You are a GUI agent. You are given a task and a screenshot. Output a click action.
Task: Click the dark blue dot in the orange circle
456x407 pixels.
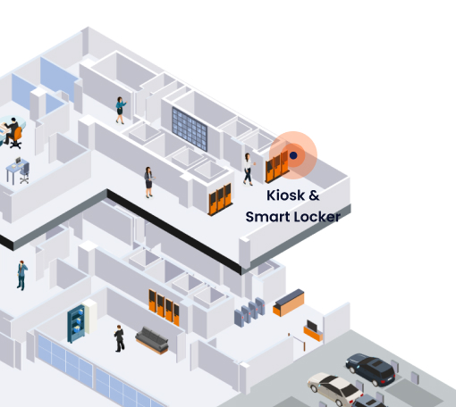(293, 155)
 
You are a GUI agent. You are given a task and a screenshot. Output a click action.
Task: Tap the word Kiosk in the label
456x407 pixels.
(285, 195)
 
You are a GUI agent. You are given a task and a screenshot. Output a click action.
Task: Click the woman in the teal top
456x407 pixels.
(121, 110)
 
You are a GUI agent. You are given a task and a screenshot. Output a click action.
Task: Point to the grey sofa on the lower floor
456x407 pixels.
(152, 340)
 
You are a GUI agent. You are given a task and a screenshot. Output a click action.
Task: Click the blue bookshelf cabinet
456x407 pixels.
(76, 323)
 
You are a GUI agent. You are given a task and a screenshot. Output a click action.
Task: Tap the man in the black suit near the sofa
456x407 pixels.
(119, 338)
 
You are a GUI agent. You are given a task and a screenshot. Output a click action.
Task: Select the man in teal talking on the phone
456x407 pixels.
(21, 275)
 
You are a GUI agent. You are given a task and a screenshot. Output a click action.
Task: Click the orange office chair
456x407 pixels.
(17, 137)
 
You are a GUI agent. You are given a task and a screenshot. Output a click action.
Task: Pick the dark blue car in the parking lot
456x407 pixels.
(370, 369)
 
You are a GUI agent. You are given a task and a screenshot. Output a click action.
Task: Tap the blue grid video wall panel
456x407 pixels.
(190, 129)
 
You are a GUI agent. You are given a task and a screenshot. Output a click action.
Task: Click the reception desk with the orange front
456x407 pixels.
(289, 303)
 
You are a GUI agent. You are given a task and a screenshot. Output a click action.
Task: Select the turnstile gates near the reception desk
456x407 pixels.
(249, 312)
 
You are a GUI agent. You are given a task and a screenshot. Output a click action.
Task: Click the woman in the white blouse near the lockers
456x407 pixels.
(248, 169)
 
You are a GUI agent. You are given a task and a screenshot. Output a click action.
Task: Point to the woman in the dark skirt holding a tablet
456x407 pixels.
(149, 182)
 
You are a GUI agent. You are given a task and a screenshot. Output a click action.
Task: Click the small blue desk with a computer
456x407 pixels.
(18, 170)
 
